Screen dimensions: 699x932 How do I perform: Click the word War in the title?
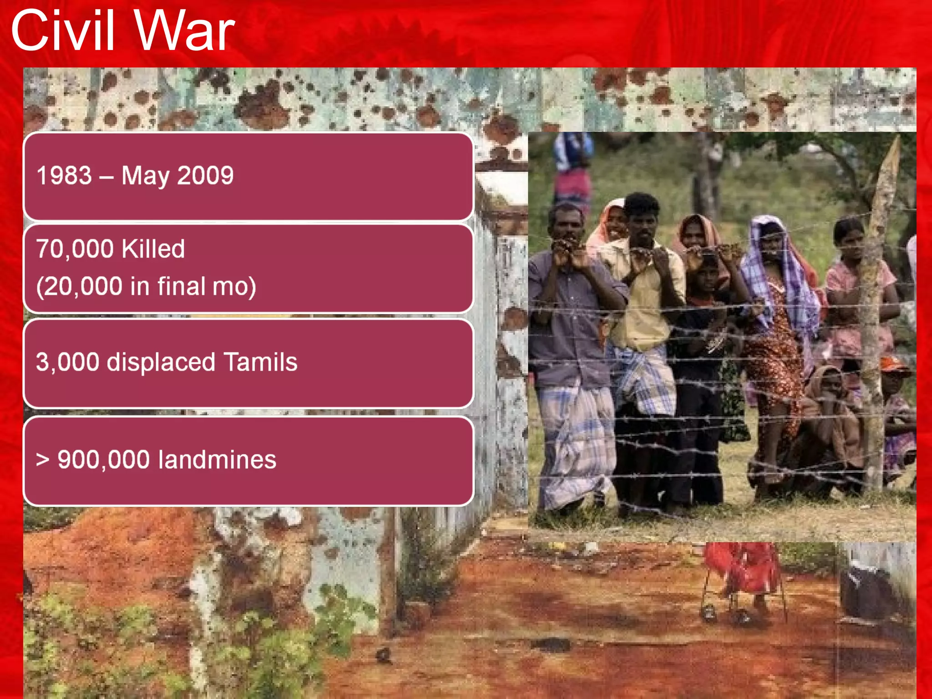coord(184,31)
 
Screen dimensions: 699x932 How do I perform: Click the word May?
coord(145,177)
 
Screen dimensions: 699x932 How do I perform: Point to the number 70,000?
coord(75,249)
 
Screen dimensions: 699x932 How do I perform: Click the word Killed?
coord(153,249)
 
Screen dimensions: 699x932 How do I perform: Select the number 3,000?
coord(67,363)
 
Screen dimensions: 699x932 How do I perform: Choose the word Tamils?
coord(260,362)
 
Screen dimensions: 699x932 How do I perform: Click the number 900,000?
coord(103,460)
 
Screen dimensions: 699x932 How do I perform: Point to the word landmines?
coord(217,460)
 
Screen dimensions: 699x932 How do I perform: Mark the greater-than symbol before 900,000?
coord(42,460)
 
